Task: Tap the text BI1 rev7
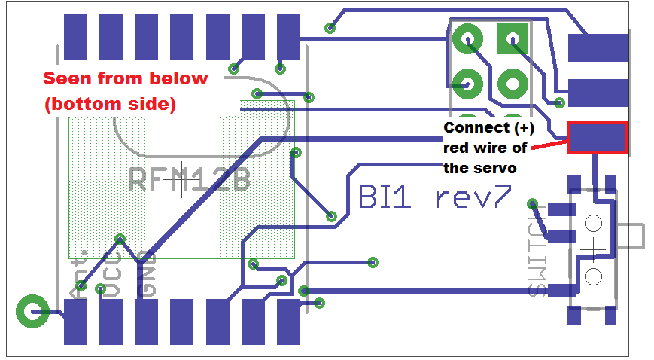tap(434, 197)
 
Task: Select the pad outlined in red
tap(597, 138)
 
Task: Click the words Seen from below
tap(125, 78)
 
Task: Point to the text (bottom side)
tap(110, 105)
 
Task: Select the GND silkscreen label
tap(148, 278)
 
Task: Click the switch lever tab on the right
tap(634, 236)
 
